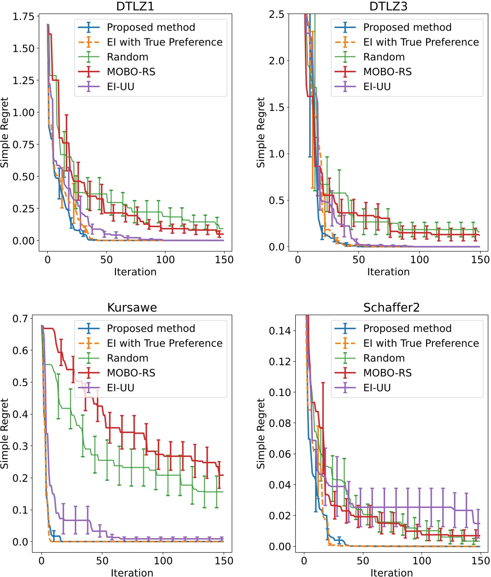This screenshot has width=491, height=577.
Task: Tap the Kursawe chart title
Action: (x=132, y=307)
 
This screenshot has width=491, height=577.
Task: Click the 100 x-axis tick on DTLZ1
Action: (x=165, y=260)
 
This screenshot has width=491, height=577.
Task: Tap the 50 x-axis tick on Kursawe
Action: (x=102, y=561)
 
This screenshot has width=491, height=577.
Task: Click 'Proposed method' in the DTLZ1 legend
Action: (x=151, y=27)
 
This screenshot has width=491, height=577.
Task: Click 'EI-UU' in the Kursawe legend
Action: (x=120, y=388)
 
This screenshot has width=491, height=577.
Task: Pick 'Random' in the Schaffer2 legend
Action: (x=384, y=358)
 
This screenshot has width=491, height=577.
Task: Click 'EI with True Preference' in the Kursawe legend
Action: (x=165, y=343)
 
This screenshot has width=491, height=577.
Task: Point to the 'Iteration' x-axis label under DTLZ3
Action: (x=388, y=272)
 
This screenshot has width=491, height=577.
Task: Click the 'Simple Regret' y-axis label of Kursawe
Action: (x=5, y=433)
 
